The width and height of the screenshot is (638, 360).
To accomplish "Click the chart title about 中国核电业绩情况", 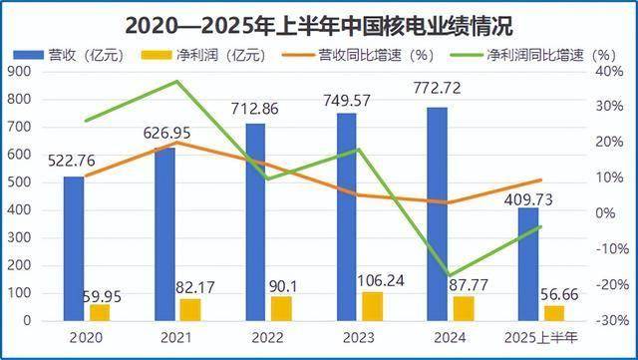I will [319, 19].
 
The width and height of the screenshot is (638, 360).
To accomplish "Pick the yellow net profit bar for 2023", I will [371, 306].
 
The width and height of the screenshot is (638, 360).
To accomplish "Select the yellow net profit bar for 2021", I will [190, 309].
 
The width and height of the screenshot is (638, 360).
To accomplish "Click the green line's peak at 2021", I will [176, 81].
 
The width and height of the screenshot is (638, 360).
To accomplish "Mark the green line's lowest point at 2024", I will [451, 275].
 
